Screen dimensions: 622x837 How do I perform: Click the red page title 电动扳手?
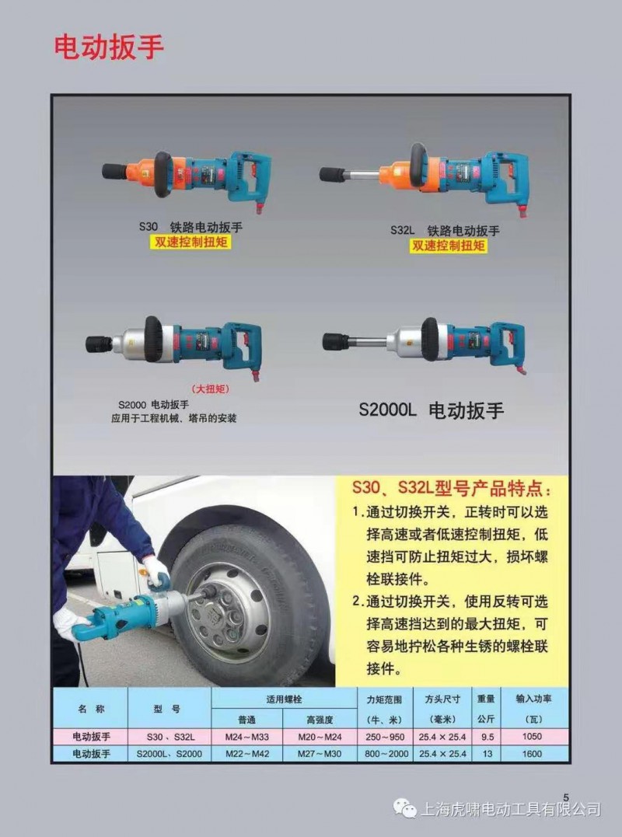[x=108, y=47]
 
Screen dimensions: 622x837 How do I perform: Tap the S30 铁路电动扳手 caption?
[x=190, y=227]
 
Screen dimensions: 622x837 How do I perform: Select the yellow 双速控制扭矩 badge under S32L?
[x=449, y=246]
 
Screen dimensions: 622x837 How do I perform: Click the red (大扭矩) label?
[x=211, y=389]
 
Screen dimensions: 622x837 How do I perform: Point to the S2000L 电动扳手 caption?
[x=432, y=410]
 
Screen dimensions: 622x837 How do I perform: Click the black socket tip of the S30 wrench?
[x=114, y=172]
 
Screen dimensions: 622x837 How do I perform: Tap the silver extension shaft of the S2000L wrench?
[x=368, y=342]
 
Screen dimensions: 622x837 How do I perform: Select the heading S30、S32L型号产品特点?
[x=452, y=488]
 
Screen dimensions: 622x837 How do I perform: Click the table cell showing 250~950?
[x=385, y=738]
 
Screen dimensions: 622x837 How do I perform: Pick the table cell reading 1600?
[x=532, y=754]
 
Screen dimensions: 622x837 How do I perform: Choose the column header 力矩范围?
[x=384, y=699]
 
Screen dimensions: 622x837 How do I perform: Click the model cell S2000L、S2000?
[x=169, y=754]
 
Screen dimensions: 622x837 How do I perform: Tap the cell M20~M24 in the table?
[x=320, y=738]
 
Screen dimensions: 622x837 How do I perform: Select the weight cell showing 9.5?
[x=487, y=738]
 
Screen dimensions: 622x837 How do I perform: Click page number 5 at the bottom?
[x=566, y=797]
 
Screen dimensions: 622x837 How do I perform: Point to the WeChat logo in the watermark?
[x=405, y=809]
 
